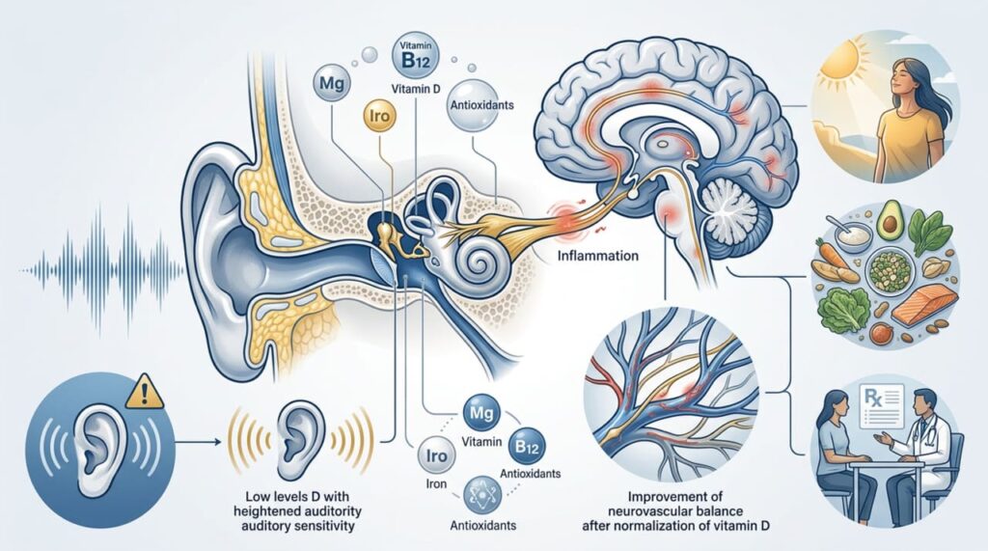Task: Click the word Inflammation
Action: (x=598, y=256)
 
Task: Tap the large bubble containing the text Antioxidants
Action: (x=481, y=104)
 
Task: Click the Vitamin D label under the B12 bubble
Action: (x=416, y=90)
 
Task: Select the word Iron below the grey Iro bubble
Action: (x=436, y=483)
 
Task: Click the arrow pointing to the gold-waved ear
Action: (x=197, y=442)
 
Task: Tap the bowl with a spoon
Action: (x=852, y=234)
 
